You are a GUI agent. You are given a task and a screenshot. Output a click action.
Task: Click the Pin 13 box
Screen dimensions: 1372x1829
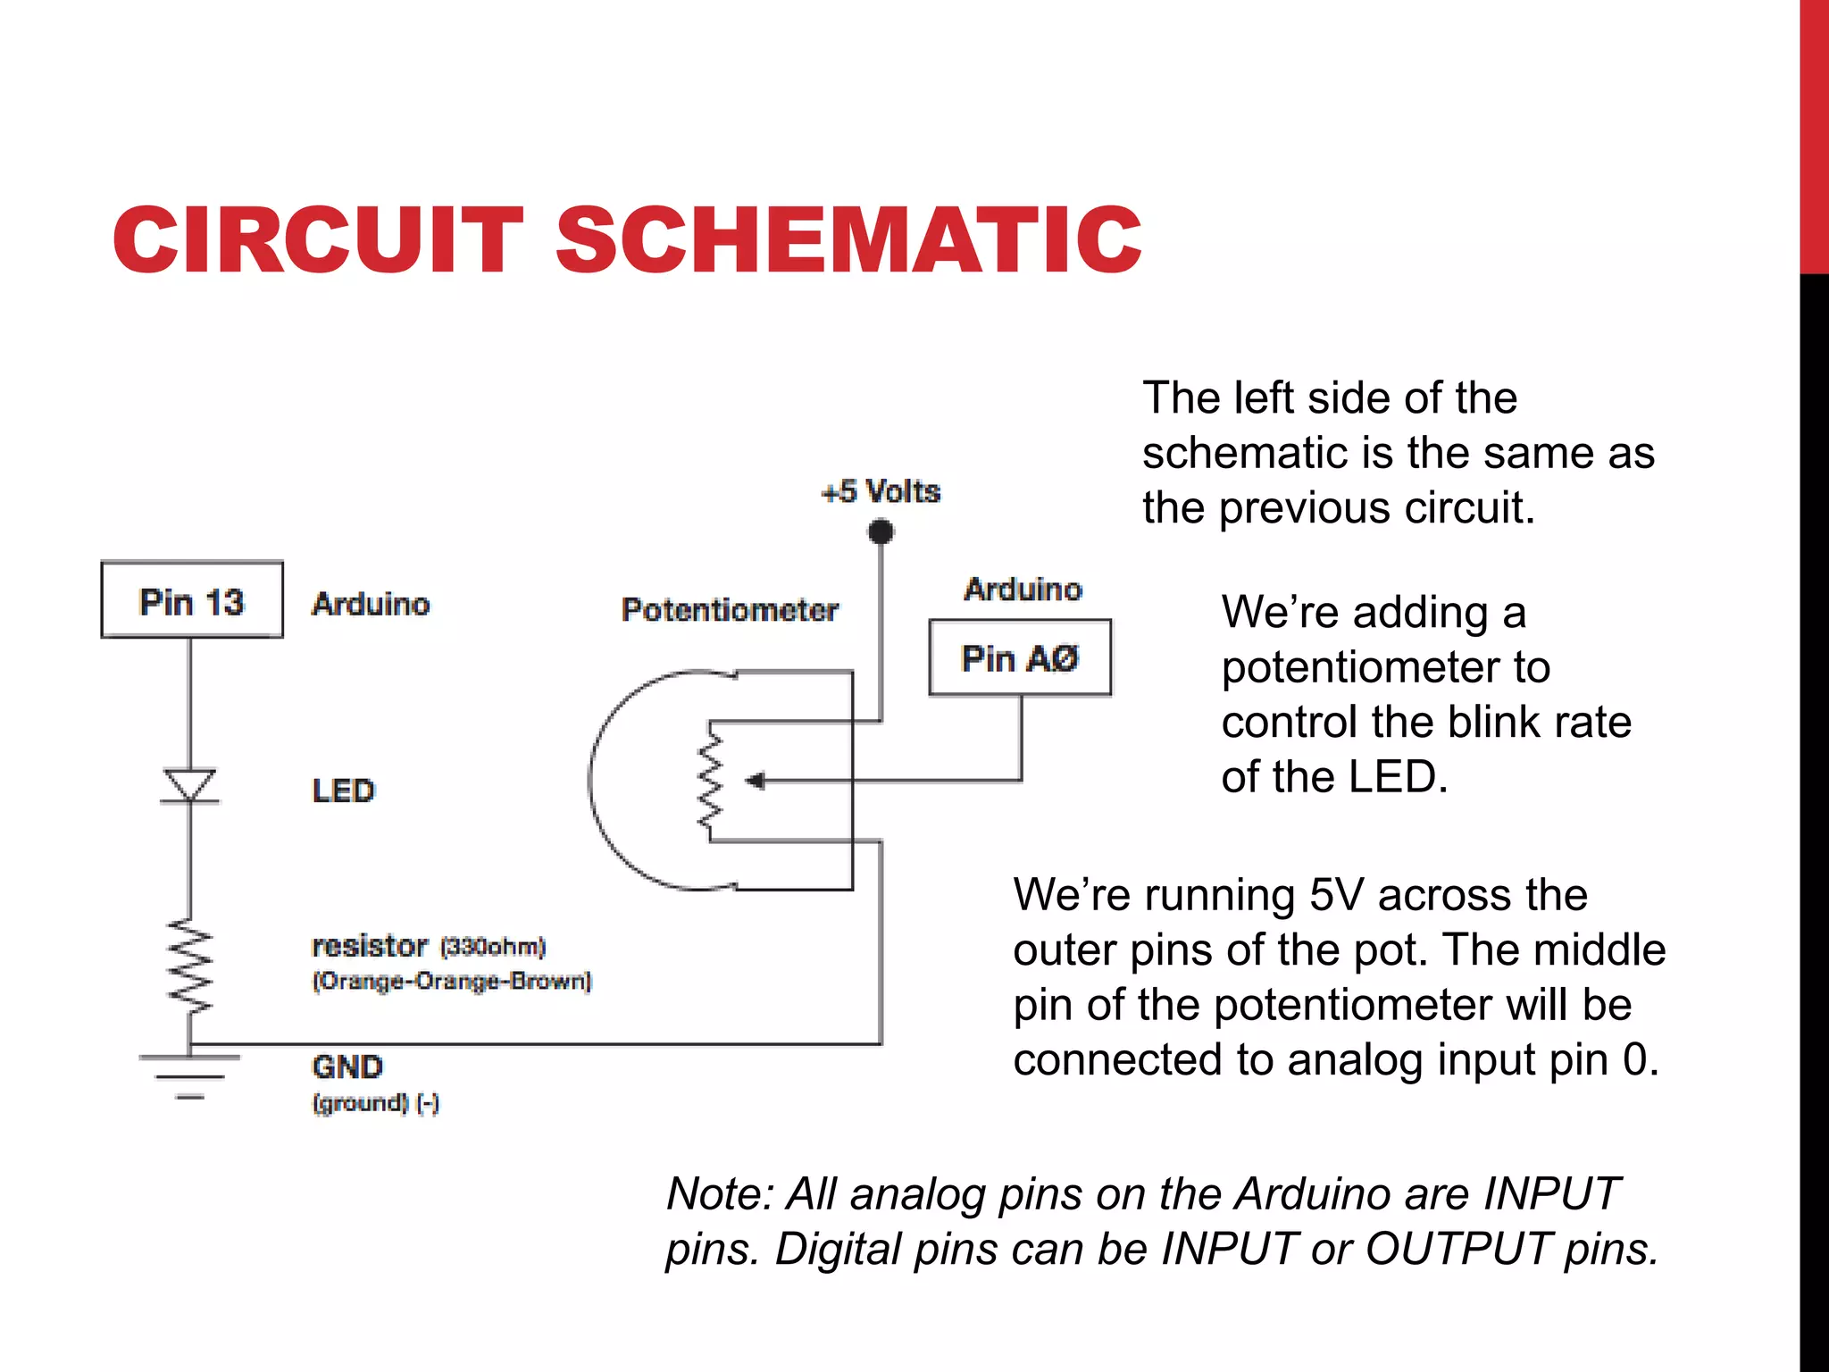(192, 600)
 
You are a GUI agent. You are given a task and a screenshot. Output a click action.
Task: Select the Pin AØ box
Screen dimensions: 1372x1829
(1020, 657)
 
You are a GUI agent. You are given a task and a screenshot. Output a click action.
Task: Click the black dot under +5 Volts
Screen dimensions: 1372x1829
(881, 532)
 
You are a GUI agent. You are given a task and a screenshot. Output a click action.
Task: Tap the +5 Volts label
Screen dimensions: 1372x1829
(881, 491)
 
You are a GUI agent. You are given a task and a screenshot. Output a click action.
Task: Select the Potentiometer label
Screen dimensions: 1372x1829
(730, 610)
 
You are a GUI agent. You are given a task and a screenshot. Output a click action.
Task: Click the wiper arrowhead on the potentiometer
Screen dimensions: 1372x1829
(756, 782)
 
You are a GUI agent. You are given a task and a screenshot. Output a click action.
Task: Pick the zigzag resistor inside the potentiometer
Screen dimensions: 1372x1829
(711, 780)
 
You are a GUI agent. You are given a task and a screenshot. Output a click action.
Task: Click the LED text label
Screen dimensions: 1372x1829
(343, 791)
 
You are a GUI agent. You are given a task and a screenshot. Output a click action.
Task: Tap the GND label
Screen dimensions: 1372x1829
(347, 1067)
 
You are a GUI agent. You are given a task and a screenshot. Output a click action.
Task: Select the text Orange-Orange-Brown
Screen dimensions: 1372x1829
(452, 981)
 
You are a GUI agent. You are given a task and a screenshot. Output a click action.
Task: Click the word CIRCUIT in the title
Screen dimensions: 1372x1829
(317, 239)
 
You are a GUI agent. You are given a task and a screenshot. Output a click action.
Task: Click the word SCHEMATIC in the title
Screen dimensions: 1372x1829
(848, 239)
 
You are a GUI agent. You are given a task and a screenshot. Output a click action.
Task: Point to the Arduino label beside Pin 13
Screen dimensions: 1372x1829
(371, 605)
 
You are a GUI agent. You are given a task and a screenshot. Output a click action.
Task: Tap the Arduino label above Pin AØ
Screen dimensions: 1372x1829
(1023, 590)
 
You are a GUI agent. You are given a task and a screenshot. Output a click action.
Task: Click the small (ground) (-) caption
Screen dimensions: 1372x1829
(375, 1103)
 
